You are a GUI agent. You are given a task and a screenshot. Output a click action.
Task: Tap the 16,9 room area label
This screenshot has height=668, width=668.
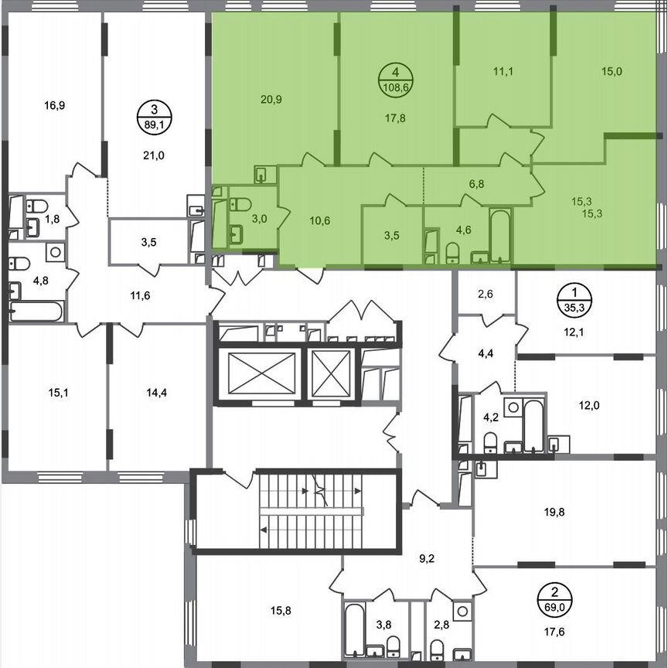pos(53,105)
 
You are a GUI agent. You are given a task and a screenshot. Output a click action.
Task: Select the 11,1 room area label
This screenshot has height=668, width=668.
pos(503,71)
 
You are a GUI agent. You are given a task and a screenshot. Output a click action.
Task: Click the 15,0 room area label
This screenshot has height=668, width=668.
pos(612,71)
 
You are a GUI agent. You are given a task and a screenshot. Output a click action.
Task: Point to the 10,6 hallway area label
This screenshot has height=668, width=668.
pos(319,220)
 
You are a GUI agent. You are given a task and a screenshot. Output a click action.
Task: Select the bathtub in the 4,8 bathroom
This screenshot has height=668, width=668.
pos(36,312)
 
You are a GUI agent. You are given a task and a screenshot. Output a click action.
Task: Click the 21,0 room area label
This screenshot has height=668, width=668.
pos(155,155)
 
